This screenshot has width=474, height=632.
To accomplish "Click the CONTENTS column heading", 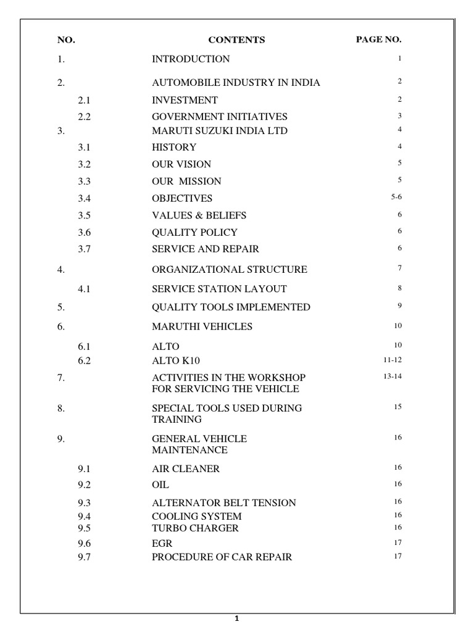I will [236, 40].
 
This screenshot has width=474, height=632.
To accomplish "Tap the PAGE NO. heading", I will [378, 39].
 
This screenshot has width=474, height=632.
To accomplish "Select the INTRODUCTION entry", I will [191, 59].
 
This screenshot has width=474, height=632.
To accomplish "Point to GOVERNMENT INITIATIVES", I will [220, 117].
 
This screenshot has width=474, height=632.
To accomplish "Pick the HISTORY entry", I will [174, 148].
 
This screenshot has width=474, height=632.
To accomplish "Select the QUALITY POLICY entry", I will [194, 233].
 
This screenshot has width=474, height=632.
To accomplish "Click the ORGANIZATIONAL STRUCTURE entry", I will [229, 270].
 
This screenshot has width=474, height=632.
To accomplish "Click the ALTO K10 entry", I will [176, 361].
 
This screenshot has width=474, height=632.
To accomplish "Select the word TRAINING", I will [177, 420].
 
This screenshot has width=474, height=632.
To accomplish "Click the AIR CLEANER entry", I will [186, 469].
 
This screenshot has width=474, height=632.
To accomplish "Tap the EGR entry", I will [162, 544].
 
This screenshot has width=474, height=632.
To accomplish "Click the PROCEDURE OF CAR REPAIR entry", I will [222, 557].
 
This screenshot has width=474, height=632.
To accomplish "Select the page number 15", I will [398, 407].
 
